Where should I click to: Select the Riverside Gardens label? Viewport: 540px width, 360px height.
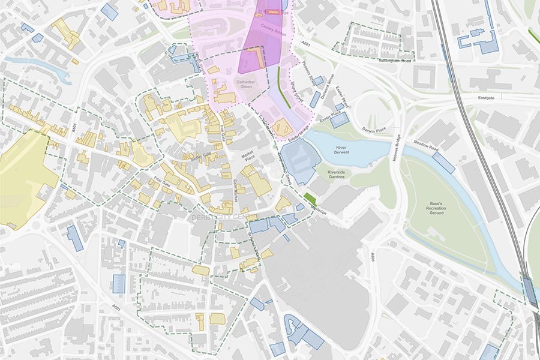click(336, 175)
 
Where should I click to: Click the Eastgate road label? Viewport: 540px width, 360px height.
click(488, 96)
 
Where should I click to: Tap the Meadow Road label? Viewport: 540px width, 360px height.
click(425, 146)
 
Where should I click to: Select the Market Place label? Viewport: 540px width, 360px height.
click(248, 157)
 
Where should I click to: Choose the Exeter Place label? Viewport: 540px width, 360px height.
click(330, 114)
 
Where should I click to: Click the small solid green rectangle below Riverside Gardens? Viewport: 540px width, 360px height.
click(310, 197)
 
